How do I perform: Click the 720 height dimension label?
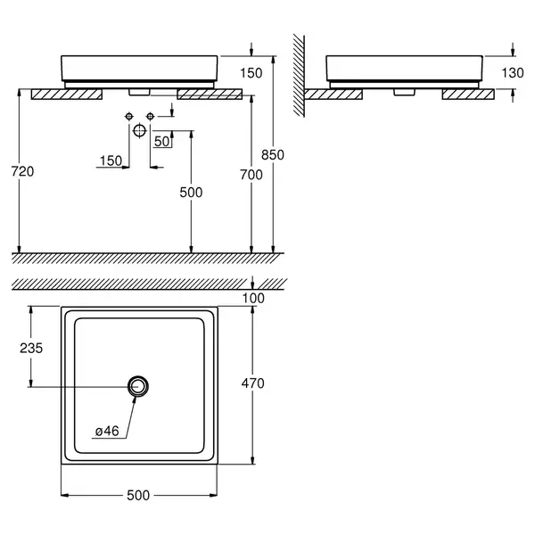point(22,171)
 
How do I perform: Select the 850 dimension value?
point(273,155)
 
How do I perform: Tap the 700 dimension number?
point(251,175)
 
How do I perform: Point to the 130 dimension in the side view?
point(513,73)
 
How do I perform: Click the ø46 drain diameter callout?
point(107,431)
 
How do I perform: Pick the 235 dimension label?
point(31,348)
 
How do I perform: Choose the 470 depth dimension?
point(253,383)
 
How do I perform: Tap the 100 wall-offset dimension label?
point(253,298)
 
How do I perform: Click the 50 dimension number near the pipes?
point(161,141)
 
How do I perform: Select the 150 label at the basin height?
point(251,73)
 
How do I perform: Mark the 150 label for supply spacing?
point(111,160)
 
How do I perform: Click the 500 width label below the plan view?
point(138,495)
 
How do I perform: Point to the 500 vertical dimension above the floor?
point(191,193)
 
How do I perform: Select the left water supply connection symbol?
point(129,117)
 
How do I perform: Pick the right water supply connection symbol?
point(150,117)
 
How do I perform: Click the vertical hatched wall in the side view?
point(299,76)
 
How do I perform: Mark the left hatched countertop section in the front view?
point(67,95)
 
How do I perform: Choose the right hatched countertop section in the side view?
point(468,95)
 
